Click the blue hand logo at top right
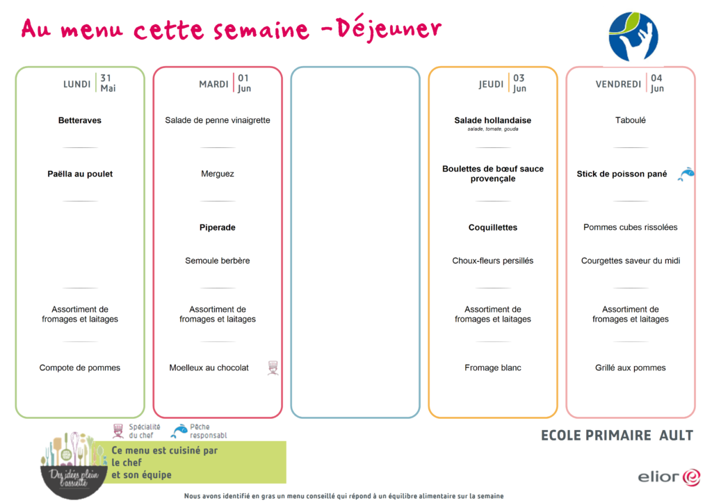[633, 37]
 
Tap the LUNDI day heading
[76, 84]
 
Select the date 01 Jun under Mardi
[244, 83]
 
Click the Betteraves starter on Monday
[80, 120]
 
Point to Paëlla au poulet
[80, 174]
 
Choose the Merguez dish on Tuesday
[218, 174]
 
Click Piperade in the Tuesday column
[218, 227]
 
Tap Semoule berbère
[218, 261]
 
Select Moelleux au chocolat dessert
[209, 368]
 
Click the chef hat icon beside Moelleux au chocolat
[273, 368]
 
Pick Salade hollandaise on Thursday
[493, 120]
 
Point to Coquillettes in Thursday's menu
[493, 227]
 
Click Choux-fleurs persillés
[493, 261]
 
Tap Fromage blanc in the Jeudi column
[493, 368]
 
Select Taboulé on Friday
[630, 120]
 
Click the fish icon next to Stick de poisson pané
[686, 174]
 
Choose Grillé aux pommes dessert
[630, 368]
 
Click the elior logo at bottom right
[669, 477]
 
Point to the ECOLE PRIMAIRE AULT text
[617, 436]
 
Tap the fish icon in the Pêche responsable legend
[179, 431]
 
